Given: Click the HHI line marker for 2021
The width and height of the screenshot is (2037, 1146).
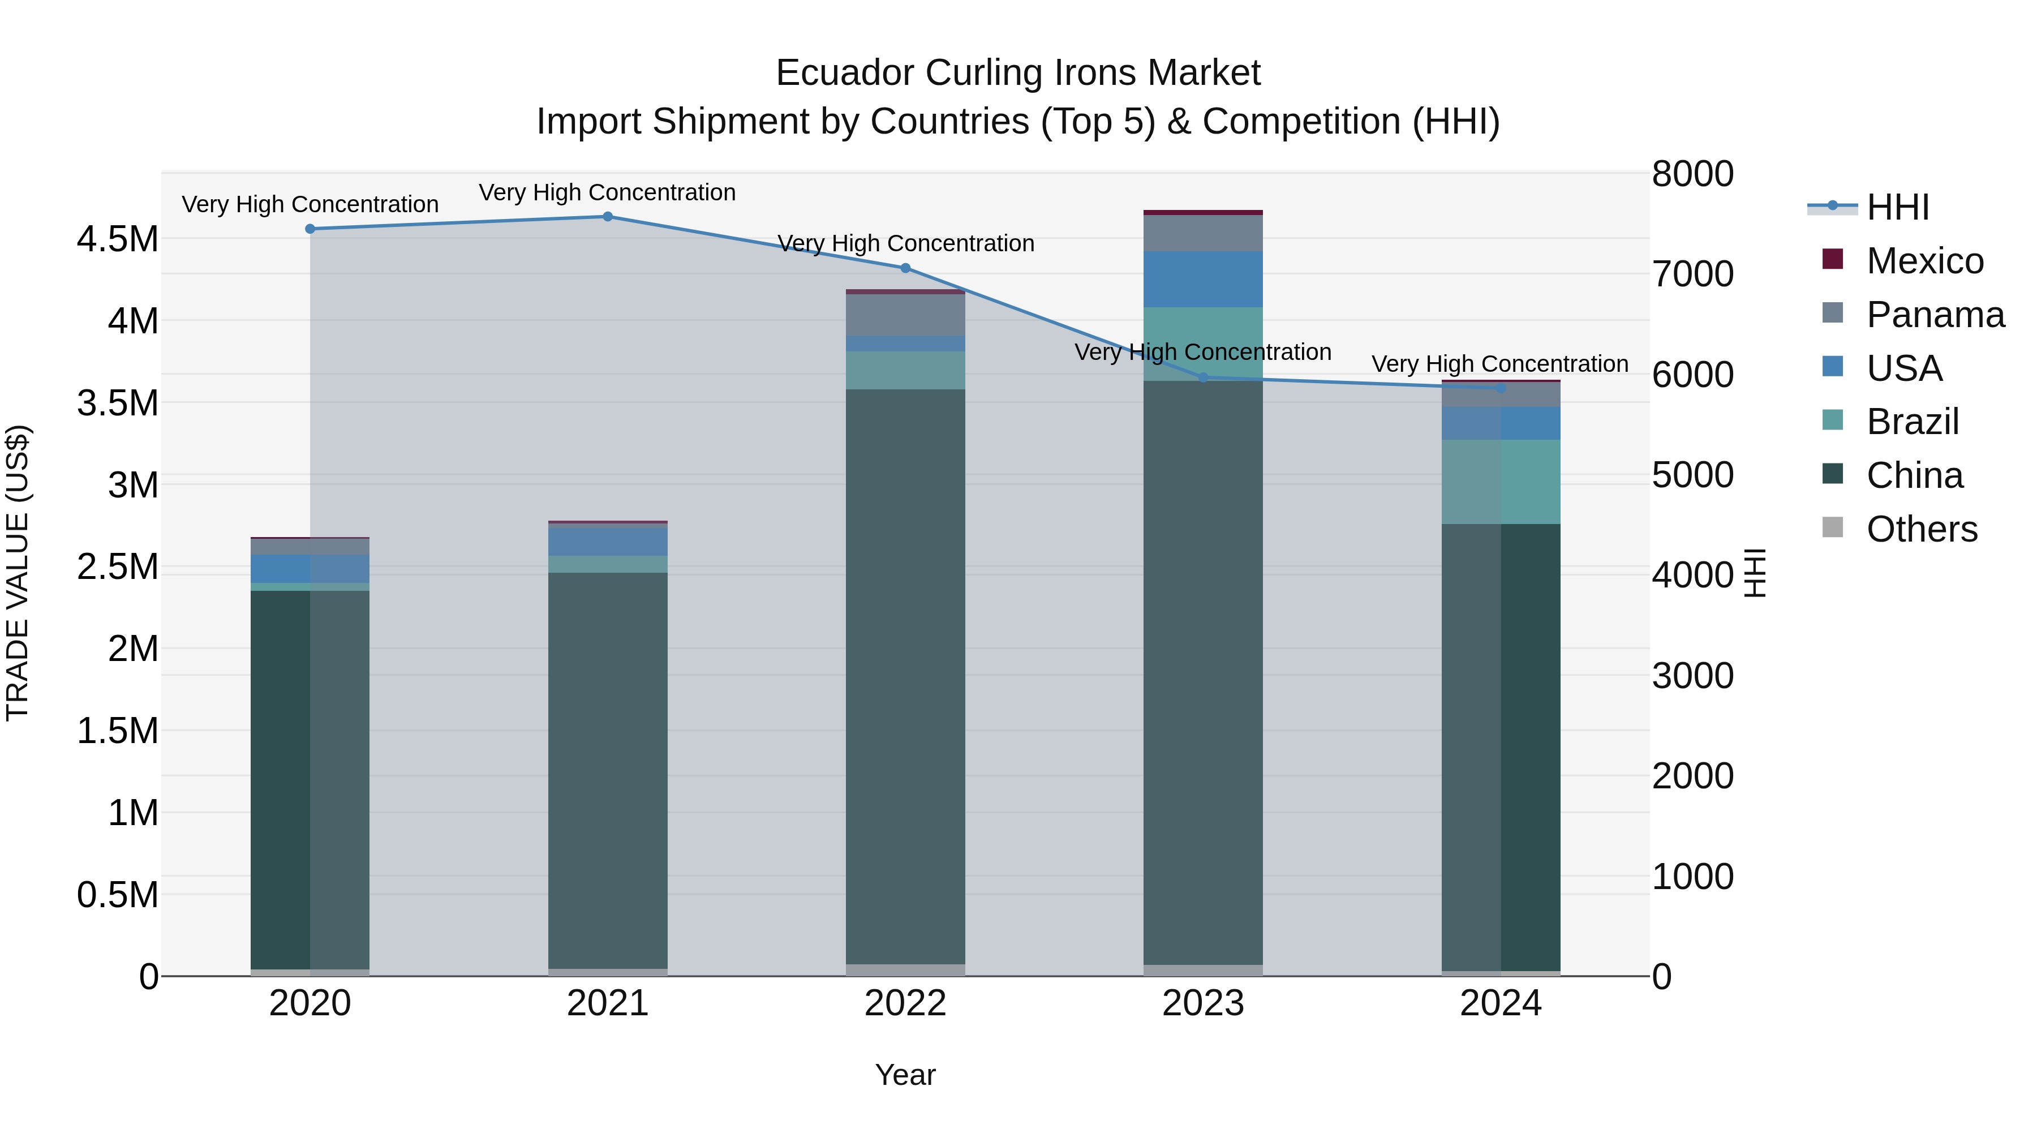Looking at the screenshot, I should [x=607, y=217].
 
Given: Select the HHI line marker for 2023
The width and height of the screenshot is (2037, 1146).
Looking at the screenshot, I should [x=1204, y=378].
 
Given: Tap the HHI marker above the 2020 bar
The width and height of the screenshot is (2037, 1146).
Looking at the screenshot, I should [x=310, y=229].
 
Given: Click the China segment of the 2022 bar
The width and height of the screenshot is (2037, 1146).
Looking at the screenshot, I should [x=905, y=676].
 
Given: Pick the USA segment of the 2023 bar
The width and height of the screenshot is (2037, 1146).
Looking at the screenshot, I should [x=1203, y=279].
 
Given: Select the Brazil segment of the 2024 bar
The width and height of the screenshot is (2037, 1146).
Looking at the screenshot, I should [x=1500, y=482].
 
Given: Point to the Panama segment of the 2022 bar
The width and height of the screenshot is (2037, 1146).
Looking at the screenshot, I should [x=905, y=315].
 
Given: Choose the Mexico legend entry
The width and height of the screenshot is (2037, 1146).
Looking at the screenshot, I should [x=1924, y=261].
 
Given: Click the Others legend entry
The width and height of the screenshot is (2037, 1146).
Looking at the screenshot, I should [x=1921, y=529].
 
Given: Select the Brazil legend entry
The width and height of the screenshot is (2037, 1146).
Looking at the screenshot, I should [x=1911, y=422].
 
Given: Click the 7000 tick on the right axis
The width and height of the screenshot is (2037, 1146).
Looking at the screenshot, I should [x=1692, y=274].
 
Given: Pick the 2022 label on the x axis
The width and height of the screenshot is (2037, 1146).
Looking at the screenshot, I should [x=905, y=1003].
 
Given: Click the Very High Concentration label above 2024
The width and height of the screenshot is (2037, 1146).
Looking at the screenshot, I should [x=1499, y=364].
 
